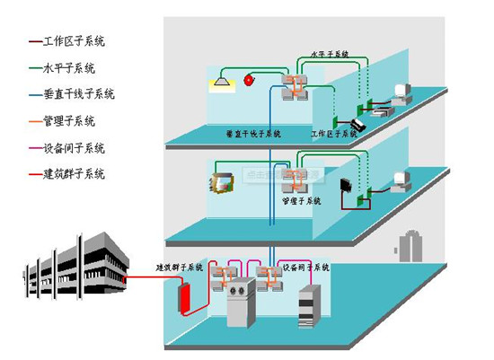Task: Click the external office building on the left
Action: tap(76, 265)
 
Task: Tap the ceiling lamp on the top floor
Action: tap(220, 83)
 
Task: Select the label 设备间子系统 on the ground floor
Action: tap(305, 268)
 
